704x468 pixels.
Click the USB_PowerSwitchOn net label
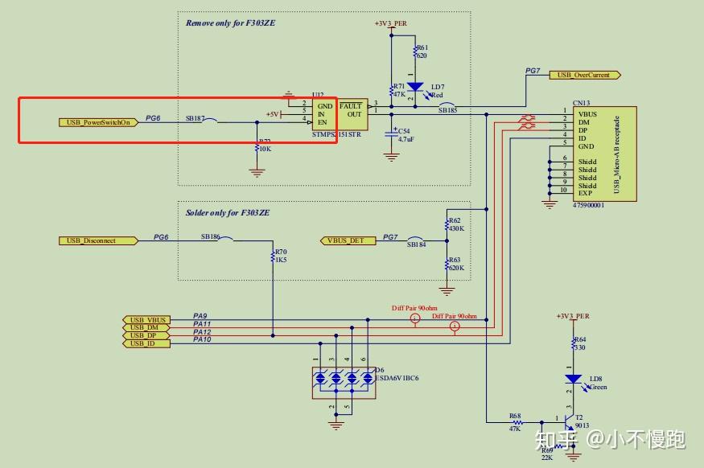pyautogui.click(x=94, y=122)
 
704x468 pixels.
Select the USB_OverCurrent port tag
pyautogui.click(x=584, y=75)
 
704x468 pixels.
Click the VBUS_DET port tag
pyautogui.click(x=345, y=240)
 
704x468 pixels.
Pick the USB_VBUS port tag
pyautogui.click(x=146, y=319)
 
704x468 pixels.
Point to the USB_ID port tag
pyautogui.click(x=146, y=343)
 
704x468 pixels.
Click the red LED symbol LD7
pyautogui.click(x=414, y=87)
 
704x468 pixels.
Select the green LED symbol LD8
pyautogui.click(x=573, y=379)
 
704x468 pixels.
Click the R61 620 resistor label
pyautogui.click(x=422, y=52)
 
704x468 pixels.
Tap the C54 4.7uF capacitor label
pyautogui.click(x=404, y=134)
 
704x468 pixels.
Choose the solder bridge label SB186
pyautogui.click(x=211, y=236)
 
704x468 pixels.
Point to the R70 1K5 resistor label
pyautogui.click(x=281, y=256)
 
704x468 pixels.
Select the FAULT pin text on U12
pyautogui.click(x=351, y=105)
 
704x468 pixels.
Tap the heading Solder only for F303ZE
pyautogui.click(x=228, y=212)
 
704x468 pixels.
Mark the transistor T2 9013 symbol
pyautogui.click(x=571, y=420)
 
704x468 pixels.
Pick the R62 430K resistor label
pyautogui.click(x=455, y=224)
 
